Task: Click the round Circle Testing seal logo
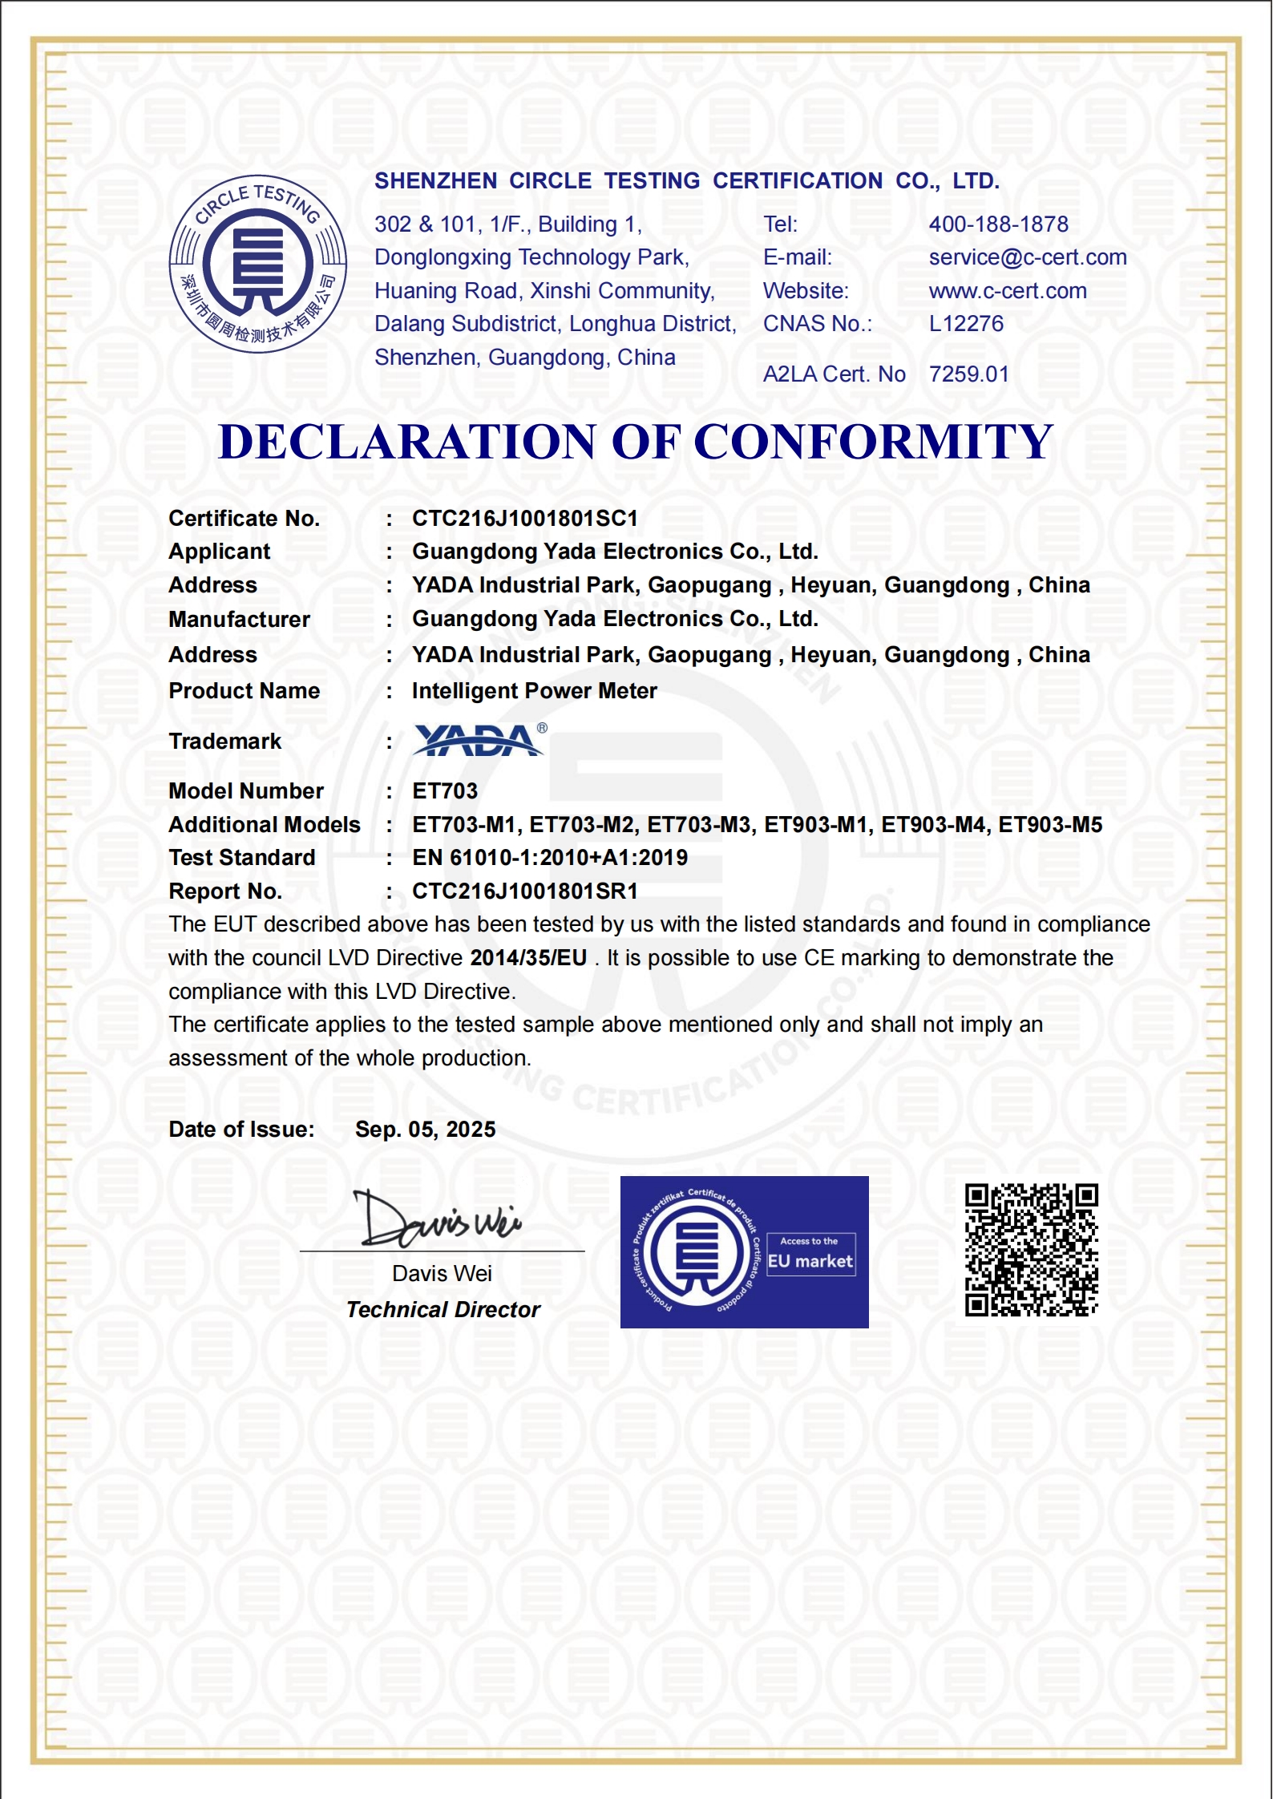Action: tap(257, 264)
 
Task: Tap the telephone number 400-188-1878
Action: tap(998, 224)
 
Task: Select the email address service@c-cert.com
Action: tap(1027, 257)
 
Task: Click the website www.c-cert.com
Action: tap(1008, 291)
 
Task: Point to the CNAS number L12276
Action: tap(966, 324)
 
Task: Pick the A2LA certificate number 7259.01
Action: tap(968, 374)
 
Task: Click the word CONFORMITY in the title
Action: tap(872, 442)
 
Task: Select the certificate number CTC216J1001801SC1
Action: tap(525, 519)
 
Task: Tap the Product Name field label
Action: tap(244, 691)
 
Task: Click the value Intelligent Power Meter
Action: tap(534, 691)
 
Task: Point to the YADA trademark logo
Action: tap(479, 740)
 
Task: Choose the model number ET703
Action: tap(445, 791)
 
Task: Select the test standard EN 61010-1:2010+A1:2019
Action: tap(550, 858)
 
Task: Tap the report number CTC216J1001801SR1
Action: tap(525, 891)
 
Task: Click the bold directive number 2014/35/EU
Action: tap(528, 958)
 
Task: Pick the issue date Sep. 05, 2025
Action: tap(425, 1130)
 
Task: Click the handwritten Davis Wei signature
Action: tap(438, 1220)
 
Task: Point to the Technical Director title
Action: tap(443, 1310)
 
